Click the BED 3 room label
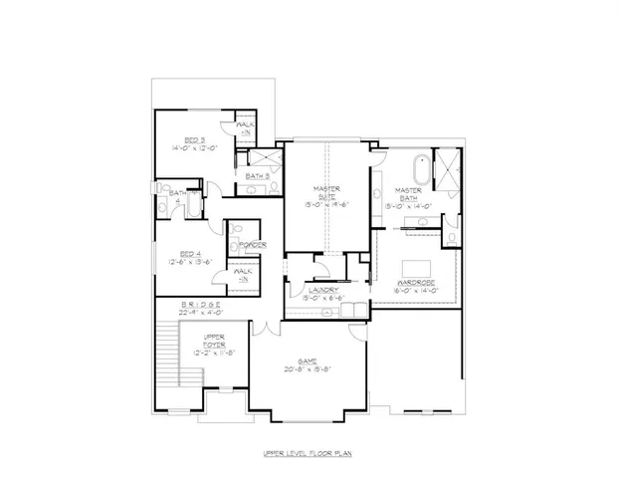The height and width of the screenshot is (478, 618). pos(194,138)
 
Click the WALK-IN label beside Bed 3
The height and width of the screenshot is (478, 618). pos(245,127)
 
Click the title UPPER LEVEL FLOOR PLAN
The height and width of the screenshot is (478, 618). pos(308,453)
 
